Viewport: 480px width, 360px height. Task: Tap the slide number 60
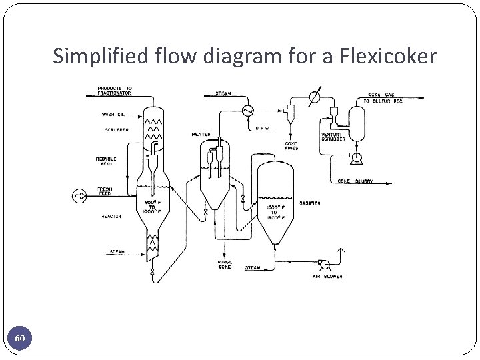(21, 339)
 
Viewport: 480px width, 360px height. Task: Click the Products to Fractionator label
(115, 91)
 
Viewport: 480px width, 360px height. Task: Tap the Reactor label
(111, 216)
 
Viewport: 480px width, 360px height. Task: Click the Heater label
(201, 135)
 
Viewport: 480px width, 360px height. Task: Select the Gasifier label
(310, 203)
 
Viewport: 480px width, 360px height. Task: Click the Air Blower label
(327, 276)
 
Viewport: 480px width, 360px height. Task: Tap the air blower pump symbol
(325, 263)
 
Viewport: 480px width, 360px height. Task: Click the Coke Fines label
(292, 145)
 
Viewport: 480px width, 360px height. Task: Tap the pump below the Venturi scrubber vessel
(357, 157)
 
